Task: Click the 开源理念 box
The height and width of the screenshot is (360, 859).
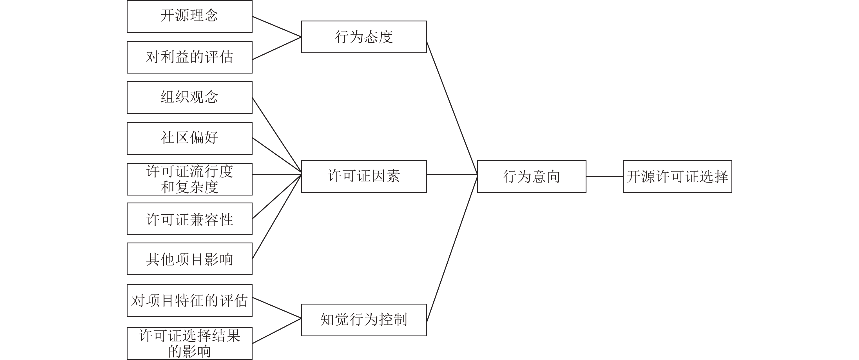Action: coord(189,16)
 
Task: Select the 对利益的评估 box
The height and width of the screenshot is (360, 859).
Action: coord(189,57)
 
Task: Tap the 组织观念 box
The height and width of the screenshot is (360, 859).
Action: coord(189,97)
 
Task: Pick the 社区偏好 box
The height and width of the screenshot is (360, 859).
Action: coord(189,139)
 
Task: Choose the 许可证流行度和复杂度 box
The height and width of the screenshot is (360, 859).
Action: coord(189,179)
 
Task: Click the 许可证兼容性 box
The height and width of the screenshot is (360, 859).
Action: coord(189,219)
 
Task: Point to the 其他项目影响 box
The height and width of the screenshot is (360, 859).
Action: coord(189,259)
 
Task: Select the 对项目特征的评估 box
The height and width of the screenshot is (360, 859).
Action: coord(189,301)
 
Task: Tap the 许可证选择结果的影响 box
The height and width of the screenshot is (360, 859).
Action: coord(189,343)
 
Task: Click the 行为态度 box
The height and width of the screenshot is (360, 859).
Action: coord(364,37)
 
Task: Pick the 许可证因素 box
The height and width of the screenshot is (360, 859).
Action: coord(364,176)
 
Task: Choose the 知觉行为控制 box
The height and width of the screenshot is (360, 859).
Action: coord(364,320)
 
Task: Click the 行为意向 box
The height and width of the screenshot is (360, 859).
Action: coord(532,176)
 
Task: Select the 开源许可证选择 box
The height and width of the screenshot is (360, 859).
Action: coord(677,176)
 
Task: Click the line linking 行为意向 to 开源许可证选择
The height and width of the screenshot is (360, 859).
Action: coord(604,176)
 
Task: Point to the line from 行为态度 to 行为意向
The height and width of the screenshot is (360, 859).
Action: coord(452,108)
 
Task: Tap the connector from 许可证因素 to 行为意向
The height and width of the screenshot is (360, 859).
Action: coord(452,174)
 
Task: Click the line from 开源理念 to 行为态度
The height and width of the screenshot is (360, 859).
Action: coord(277,27)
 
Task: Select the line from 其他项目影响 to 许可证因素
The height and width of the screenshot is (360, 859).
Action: coord(277,217)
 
